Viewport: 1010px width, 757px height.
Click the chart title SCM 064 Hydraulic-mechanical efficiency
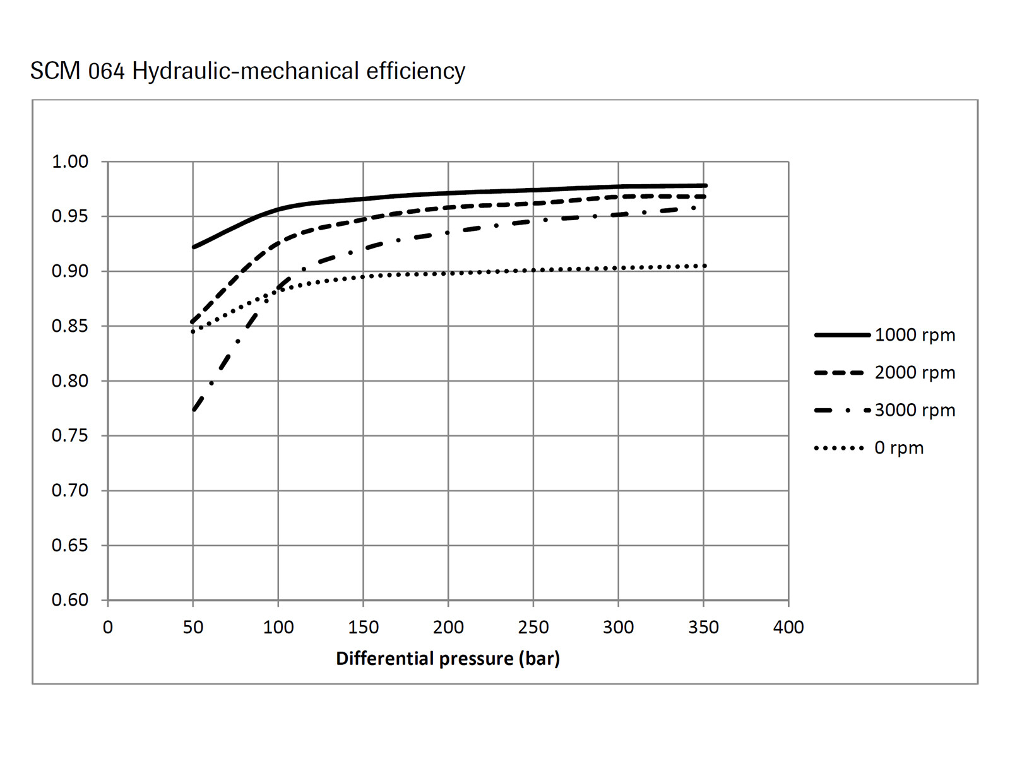(x=247, y=71)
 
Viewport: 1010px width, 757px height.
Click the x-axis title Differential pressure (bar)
(x=448, y=659)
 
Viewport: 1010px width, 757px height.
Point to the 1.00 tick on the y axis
(x=70, y=161)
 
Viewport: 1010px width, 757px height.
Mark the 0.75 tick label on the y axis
(x=70, y=436)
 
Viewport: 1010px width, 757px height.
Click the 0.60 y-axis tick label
(x=70, y=600)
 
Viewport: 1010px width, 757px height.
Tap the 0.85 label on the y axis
(x=70, y=326)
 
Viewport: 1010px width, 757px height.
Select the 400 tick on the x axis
(x=788, y=627)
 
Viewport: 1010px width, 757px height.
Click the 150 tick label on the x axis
(x=363, y=627)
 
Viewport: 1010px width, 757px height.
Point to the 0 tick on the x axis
(x=108, y=627)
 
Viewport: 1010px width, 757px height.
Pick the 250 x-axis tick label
(x=533, y=627)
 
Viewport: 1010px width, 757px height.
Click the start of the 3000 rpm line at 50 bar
(x=194, y=410)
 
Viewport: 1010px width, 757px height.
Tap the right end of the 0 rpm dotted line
(x=704, y=266)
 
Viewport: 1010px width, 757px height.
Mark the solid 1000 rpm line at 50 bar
(x=194, y=247)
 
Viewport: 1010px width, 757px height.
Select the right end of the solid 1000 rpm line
(x=705, y=185)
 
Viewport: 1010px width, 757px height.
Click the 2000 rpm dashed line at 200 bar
(x=448, y=208)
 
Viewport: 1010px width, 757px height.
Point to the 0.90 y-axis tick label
(x=70, y=271)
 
